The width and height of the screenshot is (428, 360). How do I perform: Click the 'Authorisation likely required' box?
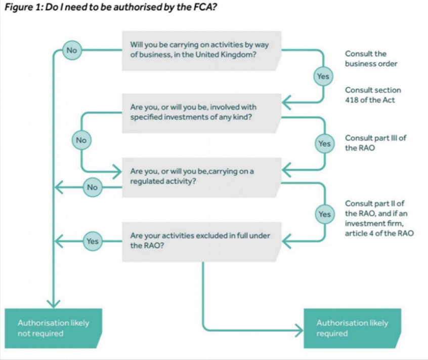(352, 328)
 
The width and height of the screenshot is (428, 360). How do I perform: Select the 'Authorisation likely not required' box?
(53, 328)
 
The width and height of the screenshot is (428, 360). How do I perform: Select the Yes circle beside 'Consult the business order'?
(323, 76)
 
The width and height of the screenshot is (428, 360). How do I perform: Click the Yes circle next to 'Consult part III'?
(324, 144)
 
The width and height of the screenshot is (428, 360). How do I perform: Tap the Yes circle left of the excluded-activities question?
(92, 241)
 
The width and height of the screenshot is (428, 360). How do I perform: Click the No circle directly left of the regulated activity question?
(92, 187)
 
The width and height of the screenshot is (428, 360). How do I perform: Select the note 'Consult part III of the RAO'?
(375, 143)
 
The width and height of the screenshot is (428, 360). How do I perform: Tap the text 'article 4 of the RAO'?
(379, 233)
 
